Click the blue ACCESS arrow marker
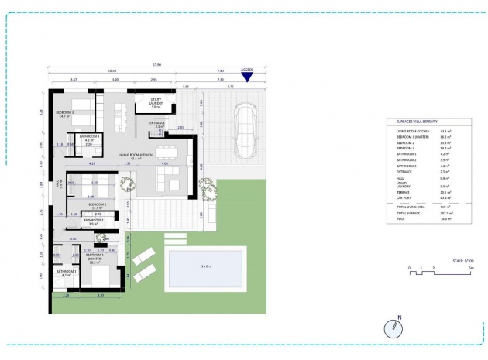247,76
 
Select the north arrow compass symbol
394,328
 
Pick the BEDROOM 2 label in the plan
96,204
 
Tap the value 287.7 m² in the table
445,211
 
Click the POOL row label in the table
400,218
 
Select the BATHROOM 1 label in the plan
65,272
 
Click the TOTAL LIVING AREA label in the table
411,206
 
